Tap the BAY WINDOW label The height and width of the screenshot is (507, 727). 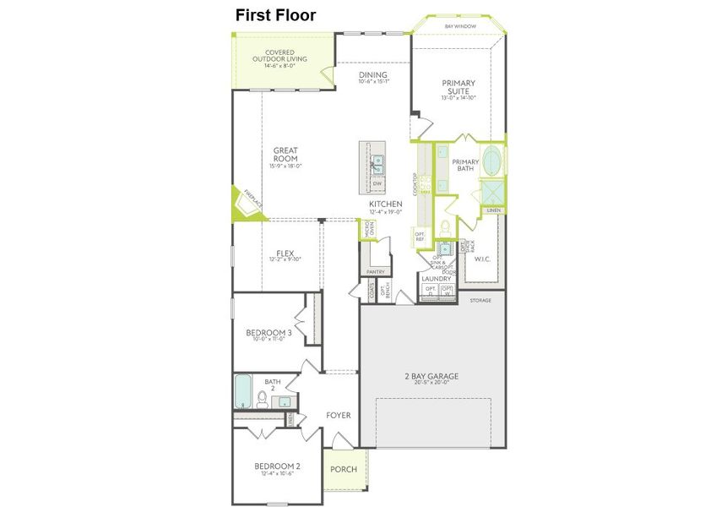click(459, 27)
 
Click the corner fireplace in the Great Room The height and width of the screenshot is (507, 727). click(247, 203)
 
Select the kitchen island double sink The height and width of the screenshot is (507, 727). click(378, 162)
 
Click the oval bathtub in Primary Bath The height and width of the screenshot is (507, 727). click(491, 161)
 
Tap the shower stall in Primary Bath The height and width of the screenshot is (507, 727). click(492, 192)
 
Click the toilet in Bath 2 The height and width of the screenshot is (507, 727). click(262, 398)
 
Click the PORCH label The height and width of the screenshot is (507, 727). click(343, 470)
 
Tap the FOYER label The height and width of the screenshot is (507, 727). click(338, 416)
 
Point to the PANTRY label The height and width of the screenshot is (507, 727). click(375, 271)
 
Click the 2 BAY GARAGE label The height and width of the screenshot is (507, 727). click(430, 377)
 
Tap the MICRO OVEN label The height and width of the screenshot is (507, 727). click(369, 229)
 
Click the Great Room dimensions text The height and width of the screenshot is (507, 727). click(285, 166)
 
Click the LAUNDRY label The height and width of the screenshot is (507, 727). click(437, 277)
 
